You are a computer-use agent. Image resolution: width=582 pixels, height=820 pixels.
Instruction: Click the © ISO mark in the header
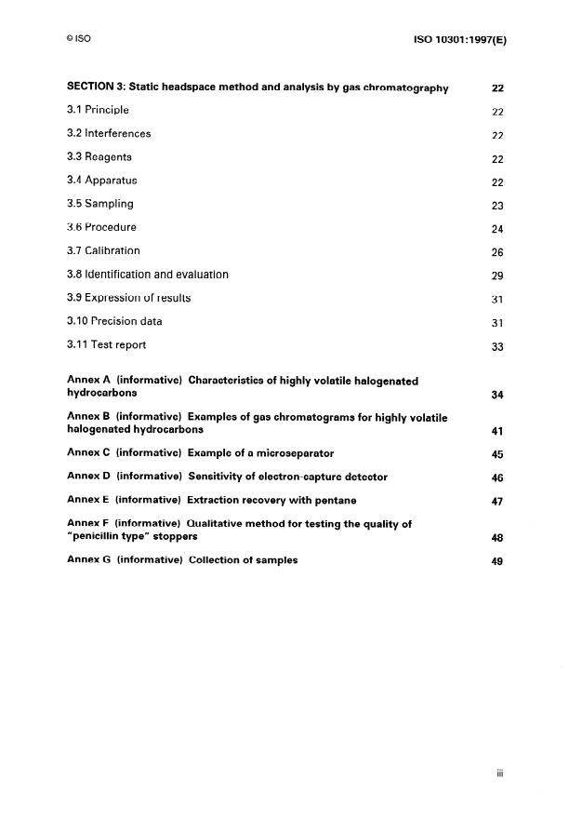tap(78, 39)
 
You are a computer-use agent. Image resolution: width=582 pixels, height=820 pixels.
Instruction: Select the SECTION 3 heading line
tap(258, 87)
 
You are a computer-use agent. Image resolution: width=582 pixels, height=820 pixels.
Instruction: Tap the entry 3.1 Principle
tap(98, 111)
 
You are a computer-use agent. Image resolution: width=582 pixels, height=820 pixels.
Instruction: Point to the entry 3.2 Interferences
tap(109, 134)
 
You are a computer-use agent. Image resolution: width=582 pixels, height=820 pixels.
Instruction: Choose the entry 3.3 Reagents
tap(99, 157)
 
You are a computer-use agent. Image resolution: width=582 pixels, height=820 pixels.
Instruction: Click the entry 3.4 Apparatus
tap(102, 181)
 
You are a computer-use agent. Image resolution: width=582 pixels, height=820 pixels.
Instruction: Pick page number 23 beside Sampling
tap(497, 205)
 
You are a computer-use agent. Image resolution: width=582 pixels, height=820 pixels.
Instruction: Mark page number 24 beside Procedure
tap(497, 229)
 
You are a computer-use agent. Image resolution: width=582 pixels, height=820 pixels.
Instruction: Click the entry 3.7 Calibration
tap(103, 251)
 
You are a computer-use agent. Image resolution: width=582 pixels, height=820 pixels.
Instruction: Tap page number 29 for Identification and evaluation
tap(497, 276)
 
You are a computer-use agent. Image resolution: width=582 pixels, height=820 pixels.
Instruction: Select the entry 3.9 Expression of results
tap(129, 298)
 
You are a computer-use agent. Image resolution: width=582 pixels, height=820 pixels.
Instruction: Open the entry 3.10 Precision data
tap(114, 322)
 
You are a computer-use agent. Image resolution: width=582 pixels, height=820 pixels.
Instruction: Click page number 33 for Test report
tap(497, 346)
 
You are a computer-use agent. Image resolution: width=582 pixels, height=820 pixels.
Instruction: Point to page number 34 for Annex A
tap(497, 396)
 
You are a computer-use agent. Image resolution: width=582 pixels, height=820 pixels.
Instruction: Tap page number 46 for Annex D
tap(497, 477)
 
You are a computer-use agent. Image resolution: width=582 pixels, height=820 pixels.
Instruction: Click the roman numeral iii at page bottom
tap(500, 772)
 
